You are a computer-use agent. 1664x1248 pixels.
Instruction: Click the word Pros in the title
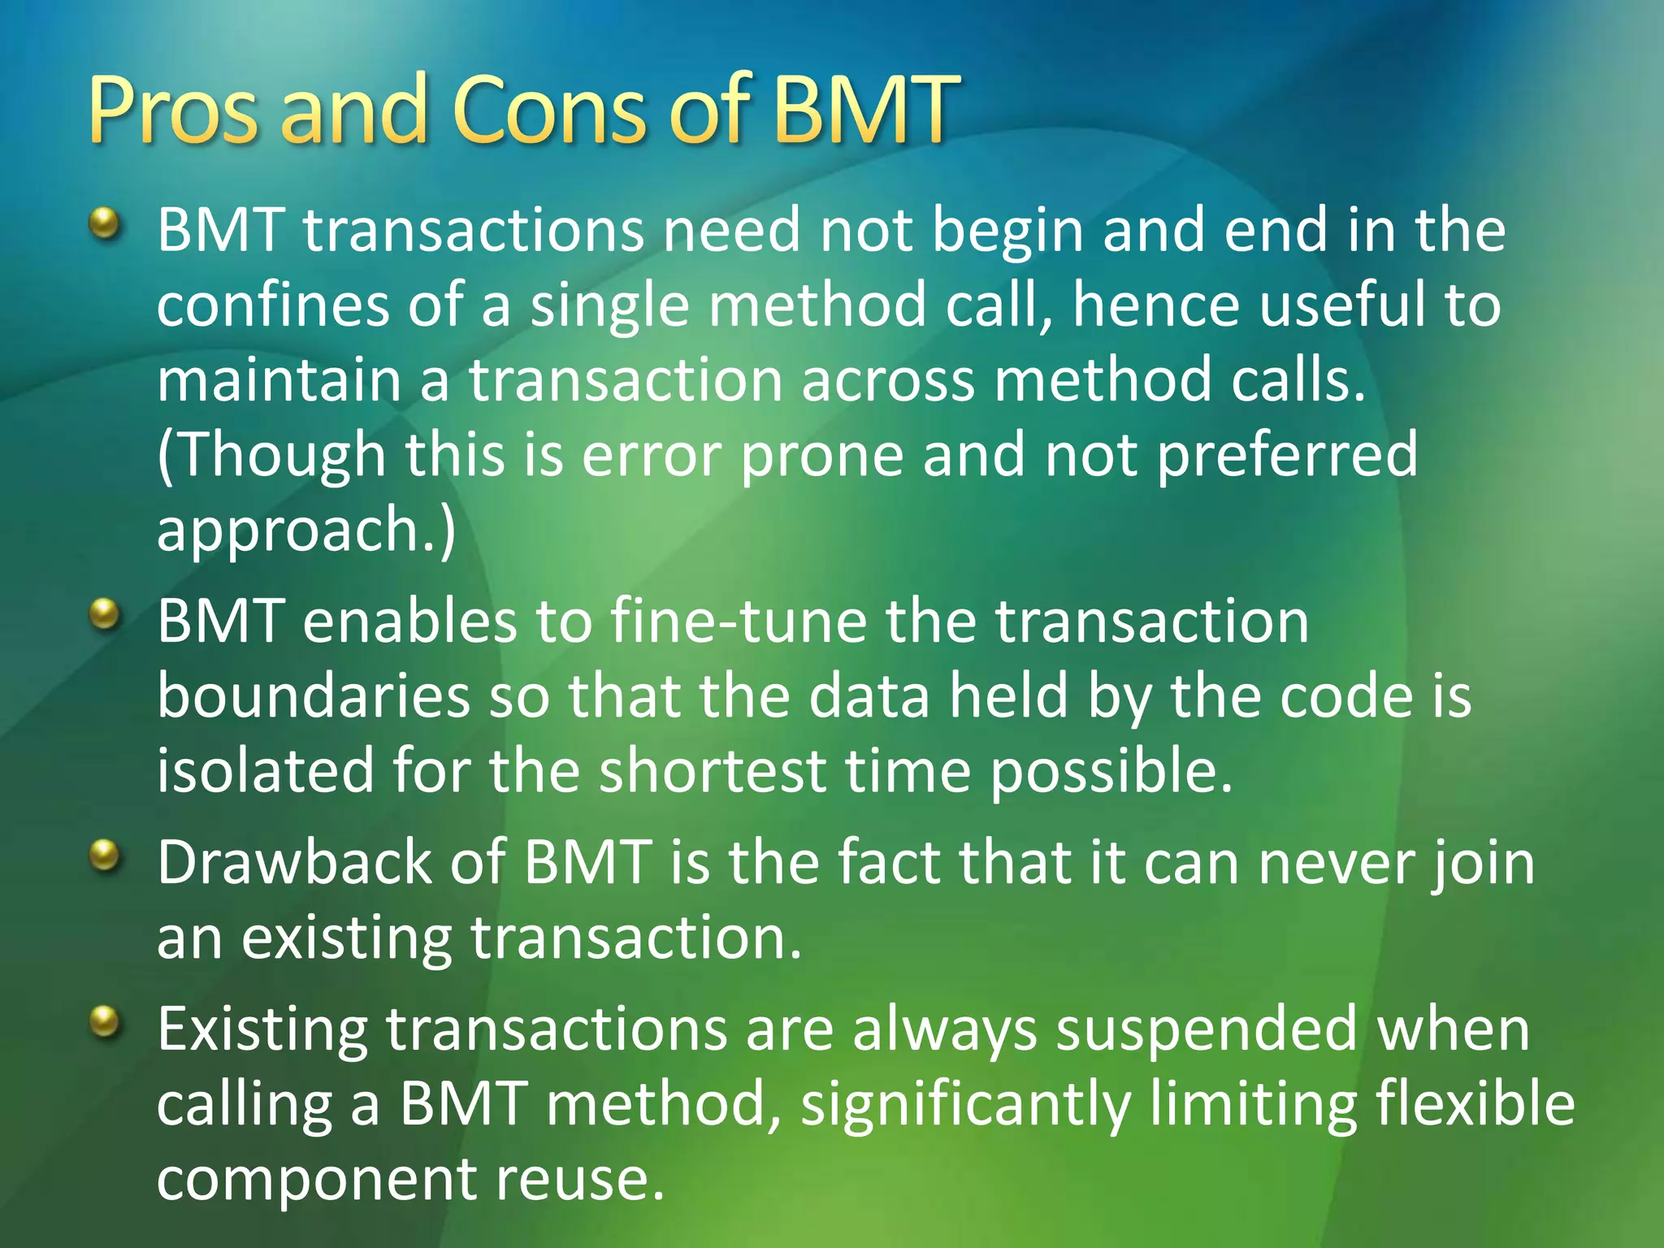[x=174, y=110]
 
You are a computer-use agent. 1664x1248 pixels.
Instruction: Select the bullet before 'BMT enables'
[x=105, y=613]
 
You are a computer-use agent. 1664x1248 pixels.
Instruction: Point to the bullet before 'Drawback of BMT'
[x=105, y=855]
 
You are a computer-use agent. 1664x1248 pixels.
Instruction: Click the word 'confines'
[x=273, y=305]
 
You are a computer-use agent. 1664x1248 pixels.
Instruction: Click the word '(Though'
[x=271, y=455]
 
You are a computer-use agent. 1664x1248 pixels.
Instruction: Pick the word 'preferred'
[x=1287, y=455]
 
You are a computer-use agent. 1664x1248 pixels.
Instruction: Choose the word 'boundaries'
[x=314, y=696]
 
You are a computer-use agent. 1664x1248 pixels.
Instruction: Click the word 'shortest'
[x=713, y=771]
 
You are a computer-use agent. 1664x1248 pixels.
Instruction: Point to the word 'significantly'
[x=966, y=1104]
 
